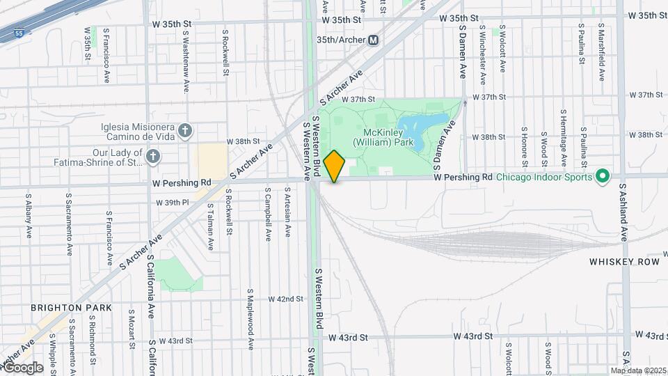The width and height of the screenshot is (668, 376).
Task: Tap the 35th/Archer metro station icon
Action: tap(374, 40)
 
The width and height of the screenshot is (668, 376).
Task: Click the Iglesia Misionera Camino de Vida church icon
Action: tap(184, 130)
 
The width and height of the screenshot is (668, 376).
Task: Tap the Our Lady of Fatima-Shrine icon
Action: tap(153, 157)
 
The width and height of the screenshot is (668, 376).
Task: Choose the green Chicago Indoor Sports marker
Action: tap(603, 177)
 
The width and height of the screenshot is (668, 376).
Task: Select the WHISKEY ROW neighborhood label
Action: tap(614, 262)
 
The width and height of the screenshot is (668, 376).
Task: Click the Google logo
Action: tap(23, 367)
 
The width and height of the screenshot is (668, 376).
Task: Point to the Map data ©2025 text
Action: tap(638, 370)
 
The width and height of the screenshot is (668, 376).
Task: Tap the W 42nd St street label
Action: tap(286, 299)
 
